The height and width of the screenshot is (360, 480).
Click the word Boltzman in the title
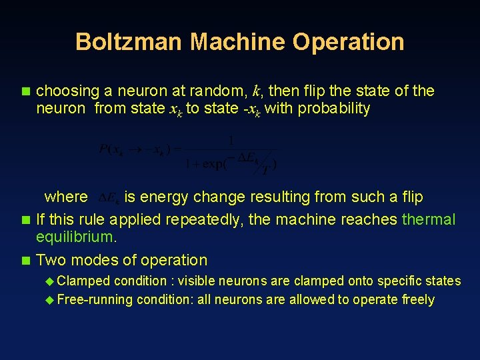point(129,41)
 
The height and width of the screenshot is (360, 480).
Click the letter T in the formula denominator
point(266,170)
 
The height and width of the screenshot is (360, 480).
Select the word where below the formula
point(66,197)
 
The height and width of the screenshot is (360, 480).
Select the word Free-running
point(95,299)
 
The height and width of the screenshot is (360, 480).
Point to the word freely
point(418,299)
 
